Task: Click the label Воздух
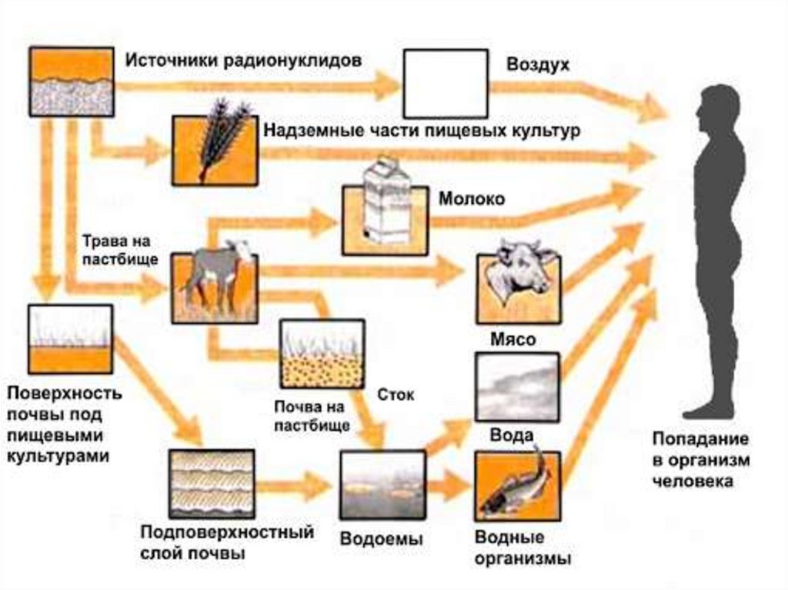[x=538, y=65]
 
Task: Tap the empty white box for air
[x=445, y=83]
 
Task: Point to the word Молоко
[x=472, y=199]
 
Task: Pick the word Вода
[x=512, y=435]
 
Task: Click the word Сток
[x=396, y=395]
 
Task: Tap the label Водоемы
[x=382, y=539]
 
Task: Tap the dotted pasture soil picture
[x=322, y=353]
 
